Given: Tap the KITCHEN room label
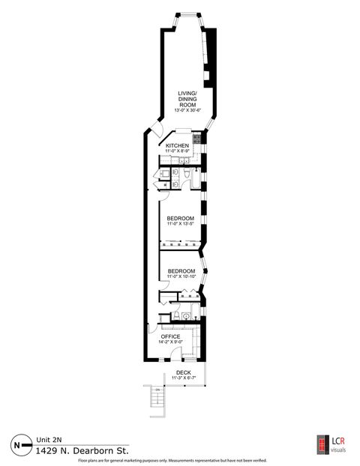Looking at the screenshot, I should (x=177, y=145).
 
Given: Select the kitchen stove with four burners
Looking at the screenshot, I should (x=197, y=139).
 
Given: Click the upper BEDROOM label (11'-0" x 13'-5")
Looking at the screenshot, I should (x=180, y=219).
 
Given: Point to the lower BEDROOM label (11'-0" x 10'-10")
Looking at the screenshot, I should (x=181, y=270).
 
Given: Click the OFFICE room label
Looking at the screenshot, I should (x=171, y=337).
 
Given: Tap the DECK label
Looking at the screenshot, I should (x=183, y=372).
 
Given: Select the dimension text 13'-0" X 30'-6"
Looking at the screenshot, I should (x=187, y=110).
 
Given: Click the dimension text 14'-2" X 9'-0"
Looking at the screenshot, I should (x=171, y=344).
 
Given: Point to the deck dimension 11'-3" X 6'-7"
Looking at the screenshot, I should (x=183, y=378).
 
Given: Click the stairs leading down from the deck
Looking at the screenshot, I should (x=156, y=405).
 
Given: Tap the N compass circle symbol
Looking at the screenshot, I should (x=16, y=444).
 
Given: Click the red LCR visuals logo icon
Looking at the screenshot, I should (x=320, y=444).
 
